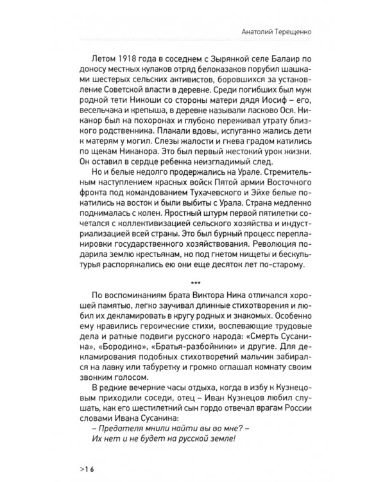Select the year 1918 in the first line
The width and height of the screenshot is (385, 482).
pyautogui.click(x=126, y=56)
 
